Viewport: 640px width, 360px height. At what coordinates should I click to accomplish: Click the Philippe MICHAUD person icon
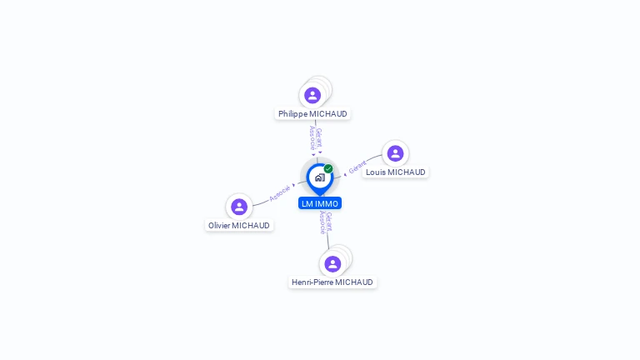[312, 96]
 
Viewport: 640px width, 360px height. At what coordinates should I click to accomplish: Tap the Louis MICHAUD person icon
[395, 153]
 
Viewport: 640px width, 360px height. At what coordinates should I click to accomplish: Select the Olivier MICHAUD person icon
[239, 207]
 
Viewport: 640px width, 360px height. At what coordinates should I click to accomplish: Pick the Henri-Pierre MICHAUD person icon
[332, 264]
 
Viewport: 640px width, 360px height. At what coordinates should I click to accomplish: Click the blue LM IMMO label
[320, 203]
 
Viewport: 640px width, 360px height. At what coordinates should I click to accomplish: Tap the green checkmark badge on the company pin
[328, 168]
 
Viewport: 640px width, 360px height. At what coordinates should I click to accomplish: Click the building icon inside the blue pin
[320, 177]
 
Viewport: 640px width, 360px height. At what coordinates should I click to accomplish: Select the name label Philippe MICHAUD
[312, 114]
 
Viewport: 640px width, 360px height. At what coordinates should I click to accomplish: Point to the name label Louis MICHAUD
[396, 172]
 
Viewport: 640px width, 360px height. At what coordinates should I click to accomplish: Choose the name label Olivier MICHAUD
[239, 225]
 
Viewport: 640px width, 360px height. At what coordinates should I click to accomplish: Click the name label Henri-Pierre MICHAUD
[332, 282]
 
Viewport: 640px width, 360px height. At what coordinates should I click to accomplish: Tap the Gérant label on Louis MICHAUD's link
[357, 167]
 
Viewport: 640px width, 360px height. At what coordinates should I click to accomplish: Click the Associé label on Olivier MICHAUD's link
[280, 193]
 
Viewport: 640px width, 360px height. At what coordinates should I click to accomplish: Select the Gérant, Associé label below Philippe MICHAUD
[316, 138]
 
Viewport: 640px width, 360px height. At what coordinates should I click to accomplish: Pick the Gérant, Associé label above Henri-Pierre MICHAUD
[326, 222]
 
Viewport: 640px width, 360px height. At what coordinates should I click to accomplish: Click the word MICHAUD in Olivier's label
[251, 225]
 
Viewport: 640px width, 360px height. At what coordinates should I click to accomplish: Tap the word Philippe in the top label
[292, 114]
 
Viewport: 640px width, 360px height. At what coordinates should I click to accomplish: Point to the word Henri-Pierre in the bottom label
[312, 282]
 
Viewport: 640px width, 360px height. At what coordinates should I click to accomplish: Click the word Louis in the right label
[376, 172]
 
